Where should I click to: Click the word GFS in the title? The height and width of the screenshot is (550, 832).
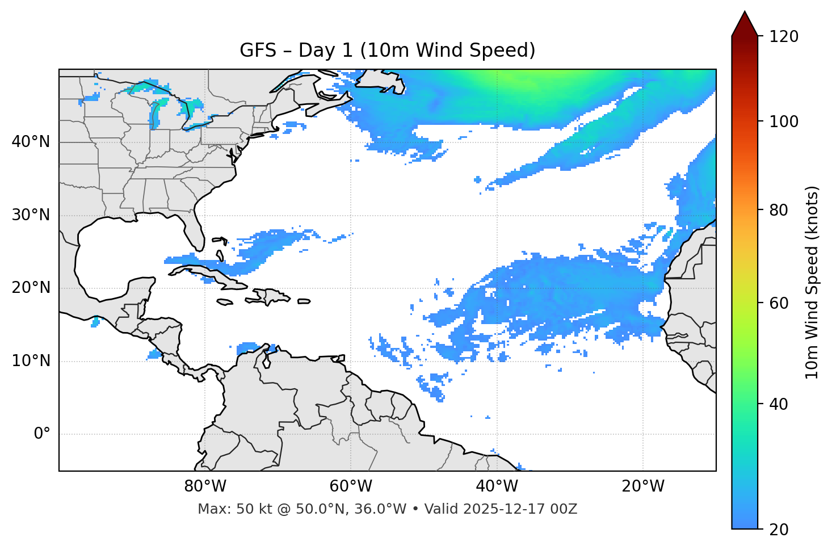click(258, 51)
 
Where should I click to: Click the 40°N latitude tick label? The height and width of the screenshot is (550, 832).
click(31, 142)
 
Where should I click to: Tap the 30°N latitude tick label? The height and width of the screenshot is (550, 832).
click(31, 215)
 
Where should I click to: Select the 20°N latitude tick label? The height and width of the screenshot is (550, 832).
click(31, 288)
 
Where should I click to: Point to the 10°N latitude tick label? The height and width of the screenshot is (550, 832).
click(31, 361)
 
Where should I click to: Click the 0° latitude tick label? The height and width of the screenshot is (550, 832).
click(42, 434)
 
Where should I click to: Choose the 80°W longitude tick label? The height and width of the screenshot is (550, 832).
click(205, 486)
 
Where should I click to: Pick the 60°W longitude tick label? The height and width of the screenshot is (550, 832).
click(351, 486)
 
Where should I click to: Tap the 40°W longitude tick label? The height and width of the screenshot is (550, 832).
click(497, 486)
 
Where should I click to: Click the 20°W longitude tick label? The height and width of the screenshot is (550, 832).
click(643, 486)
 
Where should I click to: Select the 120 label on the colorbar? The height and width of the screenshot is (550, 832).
click(783, 37)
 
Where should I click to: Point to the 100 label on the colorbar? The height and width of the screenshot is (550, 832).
click(783, 121)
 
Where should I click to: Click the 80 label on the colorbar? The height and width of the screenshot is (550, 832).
click(779, 210)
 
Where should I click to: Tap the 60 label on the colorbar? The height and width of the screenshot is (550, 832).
click(779, 303)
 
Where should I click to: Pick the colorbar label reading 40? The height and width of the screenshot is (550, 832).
click(779, 404)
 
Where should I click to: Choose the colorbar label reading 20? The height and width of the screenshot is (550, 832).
click(779, 530)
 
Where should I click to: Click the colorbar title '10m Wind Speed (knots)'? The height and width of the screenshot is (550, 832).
click(812, 282)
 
